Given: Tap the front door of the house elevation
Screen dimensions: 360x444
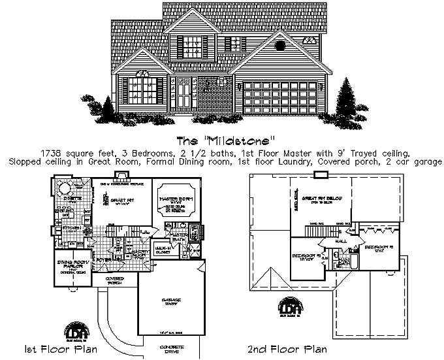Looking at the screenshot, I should pyautogui.click(x=184, y=95).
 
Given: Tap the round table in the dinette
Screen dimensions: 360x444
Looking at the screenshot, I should pyautogui.click(x=65, y=189).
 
